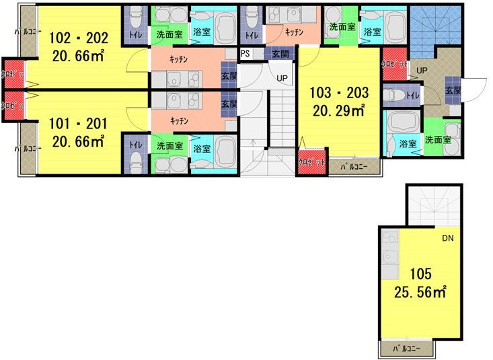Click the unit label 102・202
coord(78,33)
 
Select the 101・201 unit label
coord(78,124)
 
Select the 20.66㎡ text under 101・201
coord(78,141)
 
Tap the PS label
coord(245,53)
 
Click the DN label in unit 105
coord(447,238)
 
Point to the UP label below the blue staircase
coord(423,69)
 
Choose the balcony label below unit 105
coord(408,349)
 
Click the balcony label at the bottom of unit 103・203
coord(353,165)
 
